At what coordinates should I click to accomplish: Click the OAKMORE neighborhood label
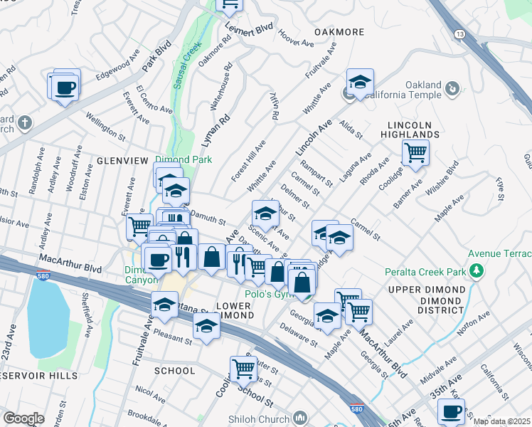tap(339, 33)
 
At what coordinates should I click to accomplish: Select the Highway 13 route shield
tap(460, 34)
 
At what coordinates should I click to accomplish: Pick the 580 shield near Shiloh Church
tap(356, 410)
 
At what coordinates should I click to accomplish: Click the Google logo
tap(23, 418)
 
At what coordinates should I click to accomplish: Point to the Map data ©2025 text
tap(501, 421)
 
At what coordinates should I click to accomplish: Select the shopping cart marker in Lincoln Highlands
tap(415, 152)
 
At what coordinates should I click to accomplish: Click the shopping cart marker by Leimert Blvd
tap(230, 4)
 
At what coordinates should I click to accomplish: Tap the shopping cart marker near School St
tap(243, 369)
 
